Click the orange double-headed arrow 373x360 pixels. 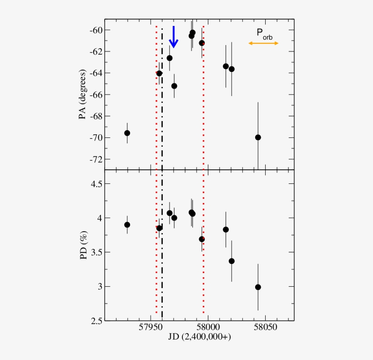(x=263, y=43)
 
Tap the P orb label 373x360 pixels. (x=264, y=33)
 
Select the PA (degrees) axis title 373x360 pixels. (x=83, y=95)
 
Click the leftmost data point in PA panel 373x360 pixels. (x=127, y=133)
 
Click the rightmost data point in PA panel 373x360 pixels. (x=258, y=137)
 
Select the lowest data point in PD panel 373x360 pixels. (x=258, y=287)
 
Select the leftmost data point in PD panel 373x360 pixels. (x=127, y=225)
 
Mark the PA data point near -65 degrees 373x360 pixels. (x=174, y=86)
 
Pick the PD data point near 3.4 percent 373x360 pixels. (x=232, y=261)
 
